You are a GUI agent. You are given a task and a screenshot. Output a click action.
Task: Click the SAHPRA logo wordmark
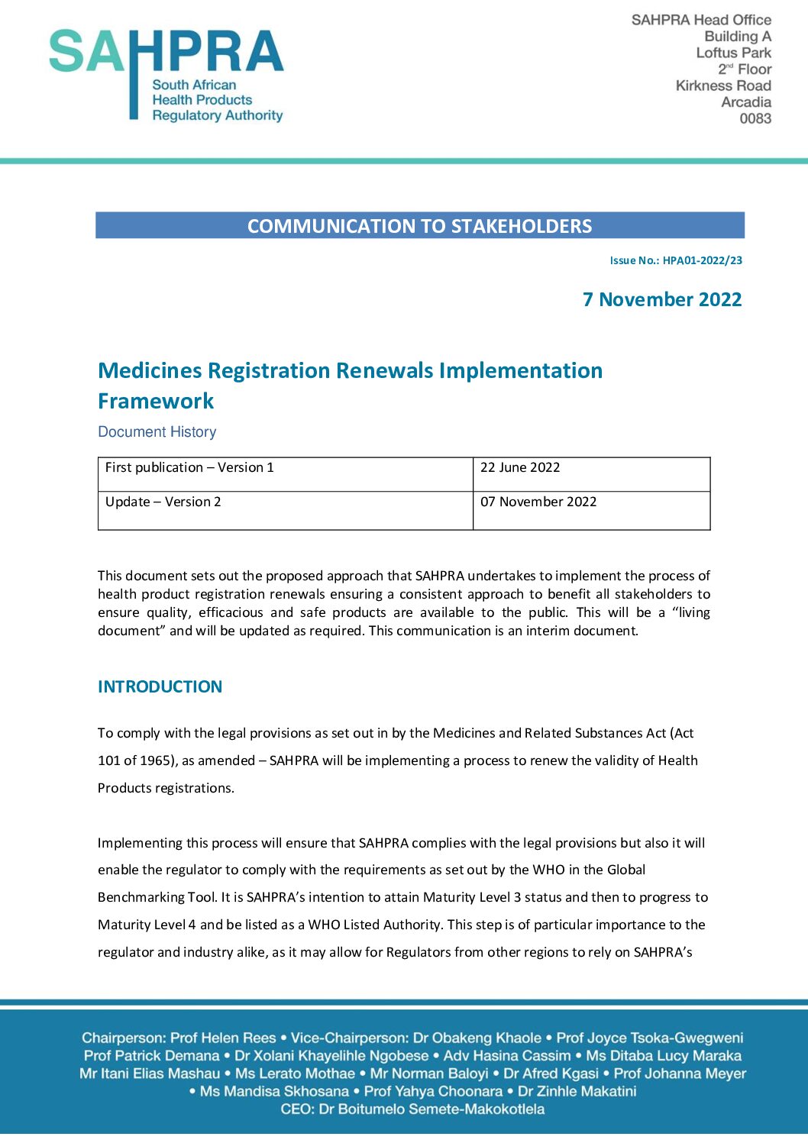166,52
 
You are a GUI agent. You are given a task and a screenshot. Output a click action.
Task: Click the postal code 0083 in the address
755,118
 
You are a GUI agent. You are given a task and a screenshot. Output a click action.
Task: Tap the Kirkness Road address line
723,86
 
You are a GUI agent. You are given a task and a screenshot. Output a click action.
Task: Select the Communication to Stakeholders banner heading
419,226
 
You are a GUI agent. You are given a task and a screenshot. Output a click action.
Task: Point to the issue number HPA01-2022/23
702,260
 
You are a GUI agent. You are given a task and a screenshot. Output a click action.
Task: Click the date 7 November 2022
662,299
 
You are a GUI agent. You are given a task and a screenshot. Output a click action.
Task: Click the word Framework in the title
156,401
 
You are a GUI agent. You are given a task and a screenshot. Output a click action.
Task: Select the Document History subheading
157,432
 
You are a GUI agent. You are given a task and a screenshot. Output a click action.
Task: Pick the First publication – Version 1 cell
189,467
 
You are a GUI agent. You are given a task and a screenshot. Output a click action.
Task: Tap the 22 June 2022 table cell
520,467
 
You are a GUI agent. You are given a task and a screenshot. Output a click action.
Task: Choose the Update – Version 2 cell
163,502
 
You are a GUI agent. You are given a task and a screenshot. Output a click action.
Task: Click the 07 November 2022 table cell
538,502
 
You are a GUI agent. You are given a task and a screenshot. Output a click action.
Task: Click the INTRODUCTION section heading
160,686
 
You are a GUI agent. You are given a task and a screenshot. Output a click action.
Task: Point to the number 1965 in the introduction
157,760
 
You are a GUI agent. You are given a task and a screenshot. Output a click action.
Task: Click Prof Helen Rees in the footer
223,1038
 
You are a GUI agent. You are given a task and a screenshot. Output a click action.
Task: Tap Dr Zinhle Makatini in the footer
577,1091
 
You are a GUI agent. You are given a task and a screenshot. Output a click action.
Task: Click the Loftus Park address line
733,53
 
